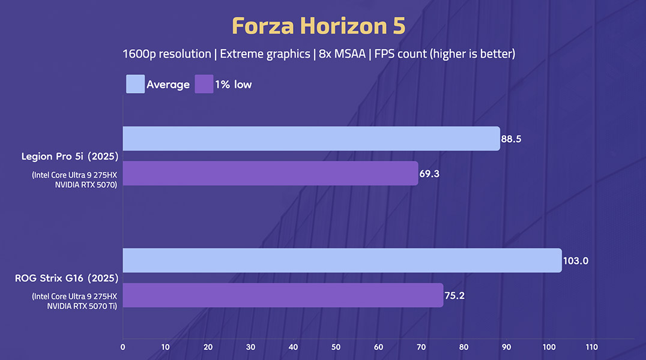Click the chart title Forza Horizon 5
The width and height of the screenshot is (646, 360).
pos(319,26)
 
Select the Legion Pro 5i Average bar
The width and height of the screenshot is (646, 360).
pos(311,139)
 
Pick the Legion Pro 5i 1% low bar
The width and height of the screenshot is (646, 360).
pos(270,173)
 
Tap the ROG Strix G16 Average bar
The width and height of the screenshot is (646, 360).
pos(342,260)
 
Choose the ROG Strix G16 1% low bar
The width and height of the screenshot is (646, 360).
pos(283,295)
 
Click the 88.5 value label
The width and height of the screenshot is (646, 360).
pos(512,139)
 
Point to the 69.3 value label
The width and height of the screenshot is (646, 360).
pos(429,173)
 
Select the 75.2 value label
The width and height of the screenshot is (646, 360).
pos(454,295)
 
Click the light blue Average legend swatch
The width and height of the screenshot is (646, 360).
pos(135,84)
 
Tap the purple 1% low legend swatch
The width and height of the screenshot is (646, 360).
pos(204,84)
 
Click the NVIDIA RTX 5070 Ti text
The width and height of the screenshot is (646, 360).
pos(82,305)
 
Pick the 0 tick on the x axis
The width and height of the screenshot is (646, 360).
pos(123,347)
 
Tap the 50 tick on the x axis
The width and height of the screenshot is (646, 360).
pos(336,347)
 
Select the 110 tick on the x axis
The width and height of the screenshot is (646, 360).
pos(591,347)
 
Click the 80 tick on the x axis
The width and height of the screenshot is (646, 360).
pos(463,347)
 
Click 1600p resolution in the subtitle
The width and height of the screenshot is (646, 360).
pos(166,54)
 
